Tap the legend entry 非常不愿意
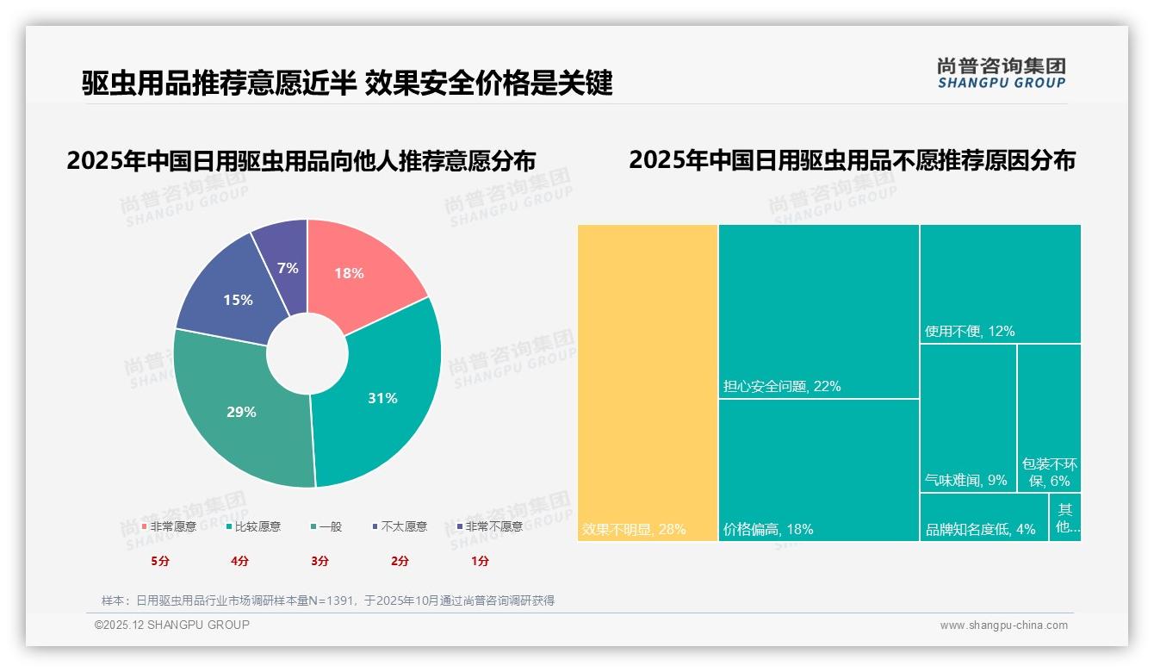click(x=493, y=526)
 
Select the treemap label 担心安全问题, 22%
click(x=782, y=386)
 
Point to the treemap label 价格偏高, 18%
click(x=768, y=529)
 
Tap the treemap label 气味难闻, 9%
click(x=965, y=480)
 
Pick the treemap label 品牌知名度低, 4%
click(x=980, y=529)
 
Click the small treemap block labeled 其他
click(x=1065, y=518)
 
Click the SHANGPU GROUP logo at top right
click(x=1002, y=73)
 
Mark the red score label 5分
click(x=160, y=561)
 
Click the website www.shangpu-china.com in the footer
click(x=1003, y=625)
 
